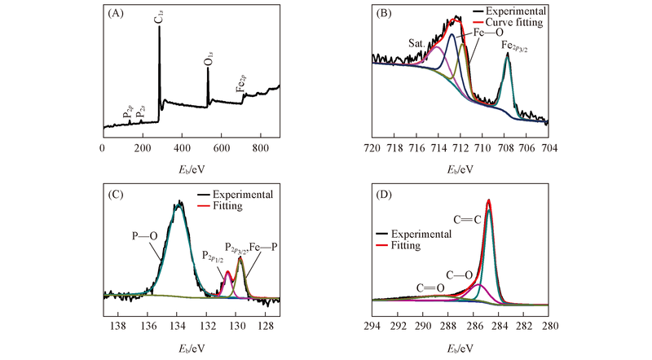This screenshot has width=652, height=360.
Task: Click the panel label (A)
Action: click(x=115, y=14)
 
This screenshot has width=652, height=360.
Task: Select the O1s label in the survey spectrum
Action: click(x=208, y=58)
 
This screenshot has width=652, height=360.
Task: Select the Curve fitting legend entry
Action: click(x=512, y=24)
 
